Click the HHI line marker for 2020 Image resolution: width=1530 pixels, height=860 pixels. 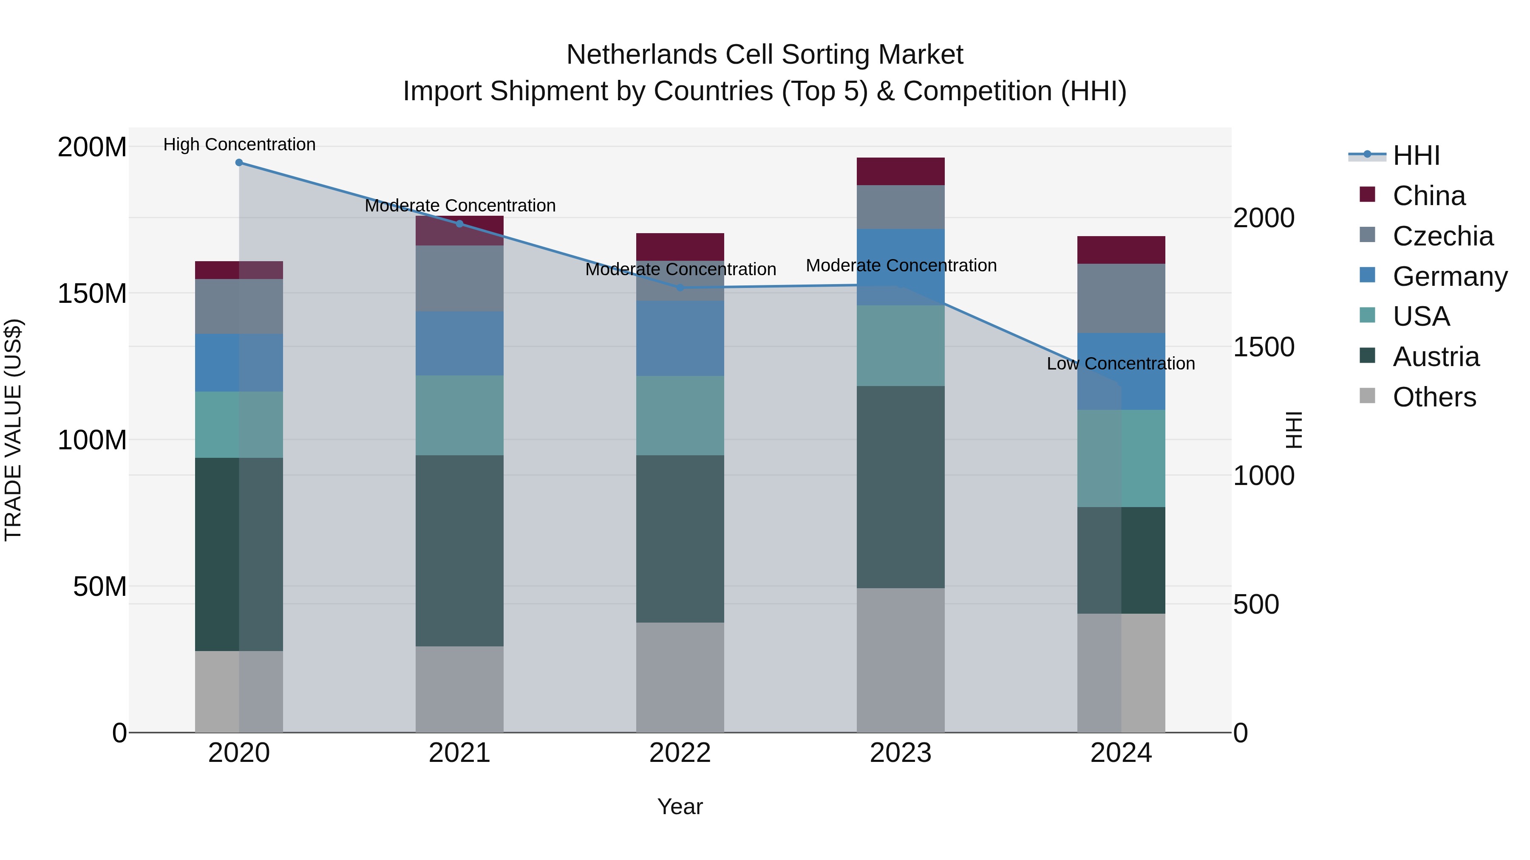pyautogui.click(x=239, y=163)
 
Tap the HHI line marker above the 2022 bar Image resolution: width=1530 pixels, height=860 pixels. pyautogui.click(x=680, y=288)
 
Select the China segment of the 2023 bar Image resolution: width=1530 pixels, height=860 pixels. pyautogui.click(x=901, y=172)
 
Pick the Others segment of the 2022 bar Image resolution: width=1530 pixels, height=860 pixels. pyautogui.click(x=680, y=677)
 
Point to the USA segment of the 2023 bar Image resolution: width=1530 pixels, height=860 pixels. pyautogui.click(x=901, y=345)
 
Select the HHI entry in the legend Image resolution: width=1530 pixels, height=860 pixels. pyautogui.click(x=1416, y=155)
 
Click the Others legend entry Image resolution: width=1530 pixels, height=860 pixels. pyautogui.click(x=1434, y=397)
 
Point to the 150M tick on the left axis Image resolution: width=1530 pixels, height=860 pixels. pyautogui.click(x=92, y=293)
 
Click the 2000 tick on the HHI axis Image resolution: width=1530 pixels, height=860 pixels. pyautogui.click(x=1264, y=218)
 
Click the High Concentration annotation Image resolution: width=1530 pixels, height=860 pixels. pyautogui.click(x=239, y=144)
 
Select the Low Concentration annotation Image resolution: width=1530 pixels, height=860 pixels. pyautogui.click(x=1120, y=363)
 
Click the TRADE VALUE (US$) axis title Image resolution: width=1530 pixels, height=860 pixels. pyautogui.click(x=13, y=430)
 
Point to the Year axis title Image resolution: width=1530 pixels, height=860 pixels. pyautogui.click(x=680, y=806)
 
